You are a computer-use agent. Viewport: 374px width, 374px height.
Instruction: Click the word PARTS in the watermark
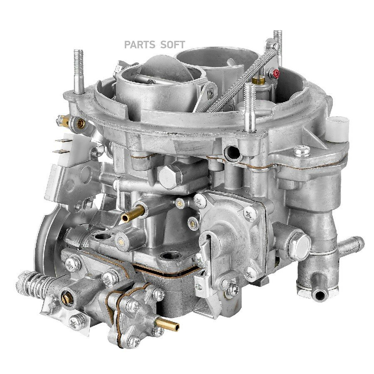(x=140, y=44)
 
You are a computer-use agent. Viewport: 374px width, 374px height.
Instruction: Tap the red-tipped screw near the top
(x=276, y=74)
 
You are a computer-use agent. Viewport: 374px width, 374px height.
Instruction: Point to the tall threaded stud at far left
(x=79, y=71)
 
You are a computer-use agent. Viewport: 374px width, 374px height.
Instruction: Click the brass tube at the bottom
(x=167, y=325)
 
